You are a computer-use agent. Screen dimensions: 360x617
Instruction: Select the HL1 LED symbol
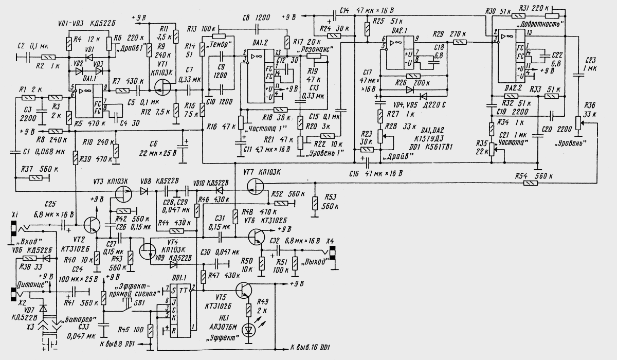click(249, 330)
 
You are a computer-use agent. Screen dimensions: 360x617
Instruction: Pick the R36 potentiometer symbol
click(578, 123)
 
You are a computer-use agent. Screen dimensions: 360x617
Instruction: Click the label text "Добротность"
click(546, 24)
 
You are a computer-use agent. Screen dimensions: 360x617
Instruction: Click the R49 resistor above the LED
click(249, 310)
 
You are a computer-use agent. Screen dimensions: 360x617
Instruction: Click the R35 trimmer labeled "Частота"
click(493, 149)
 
